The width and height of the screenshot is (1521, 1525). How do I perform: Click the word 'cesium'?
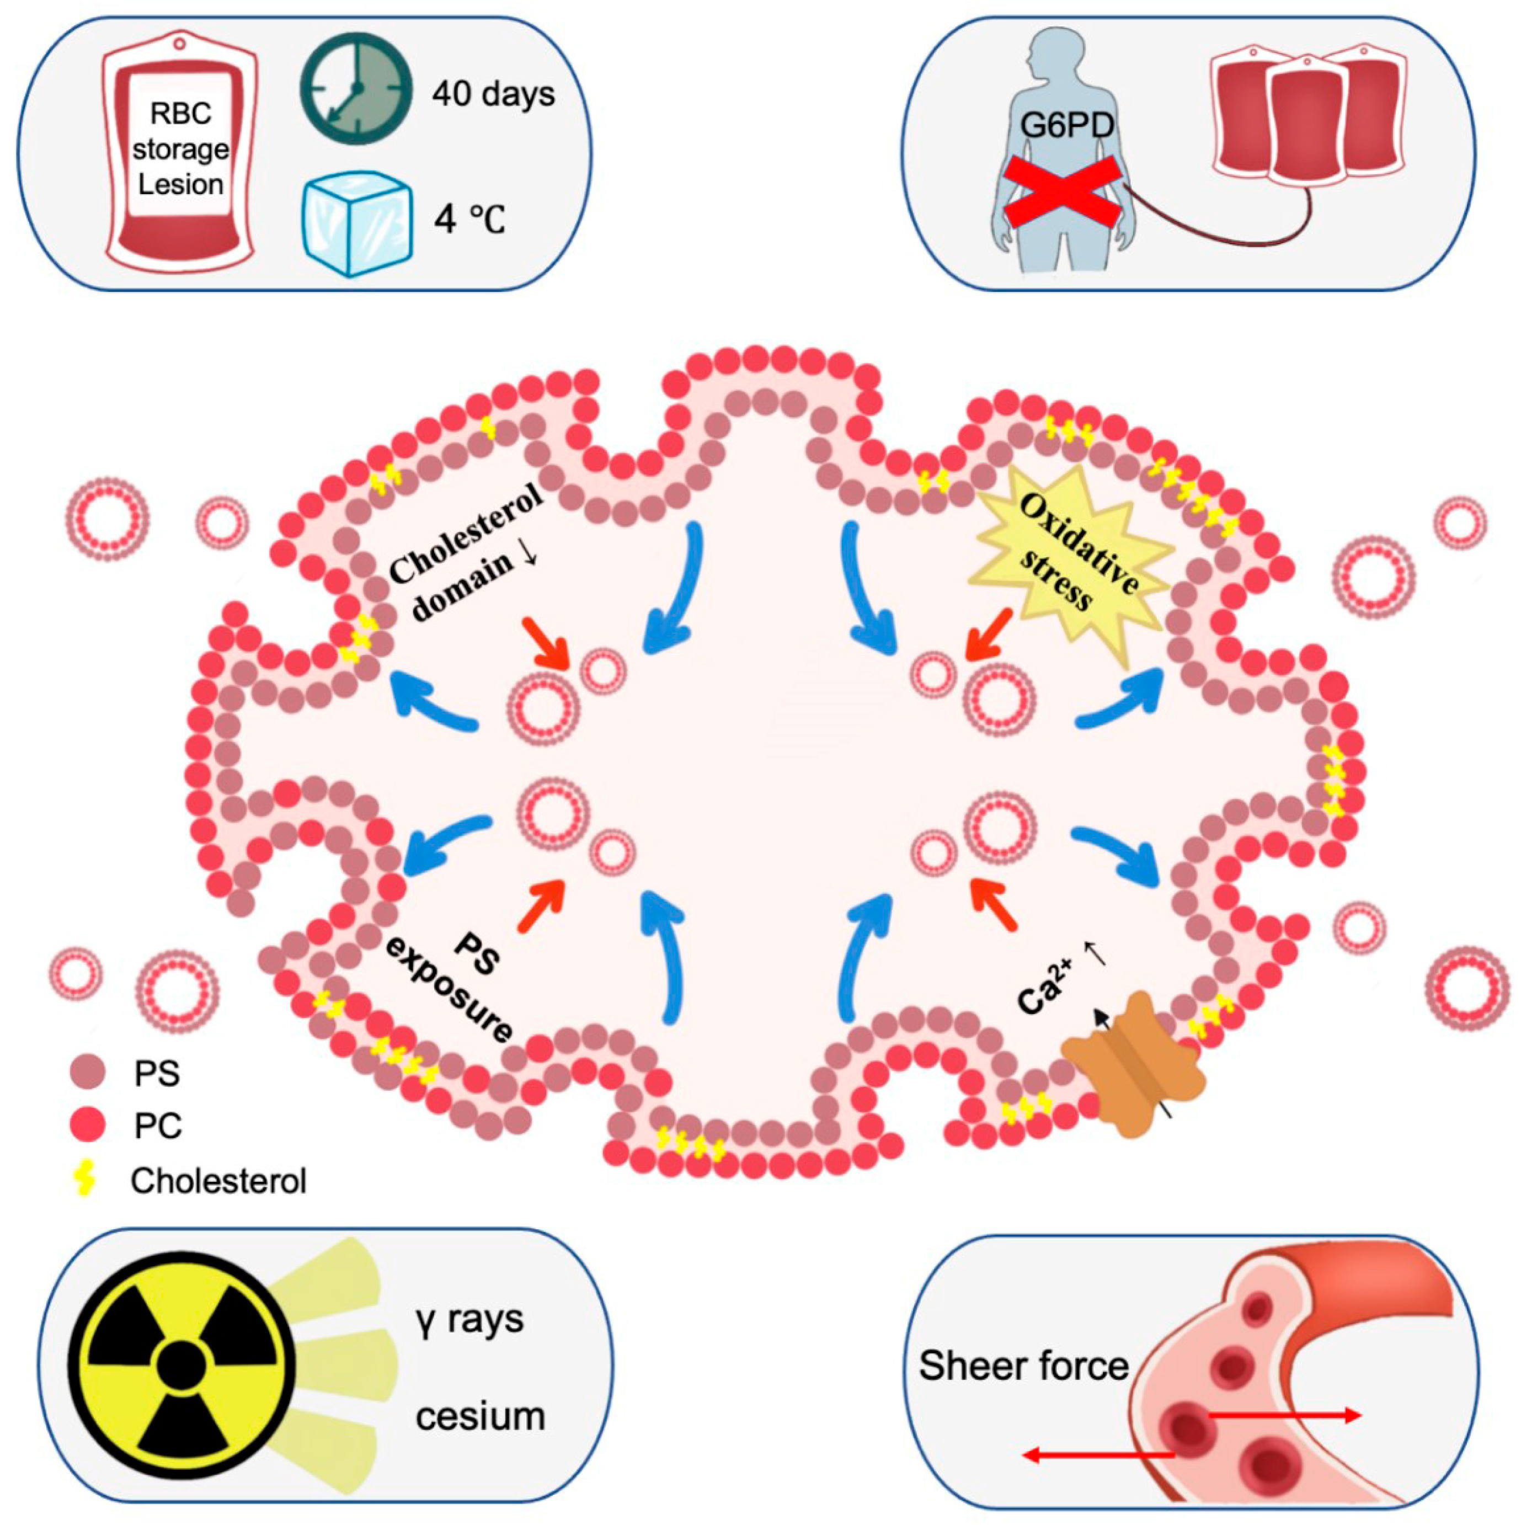coord(480,1417)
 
